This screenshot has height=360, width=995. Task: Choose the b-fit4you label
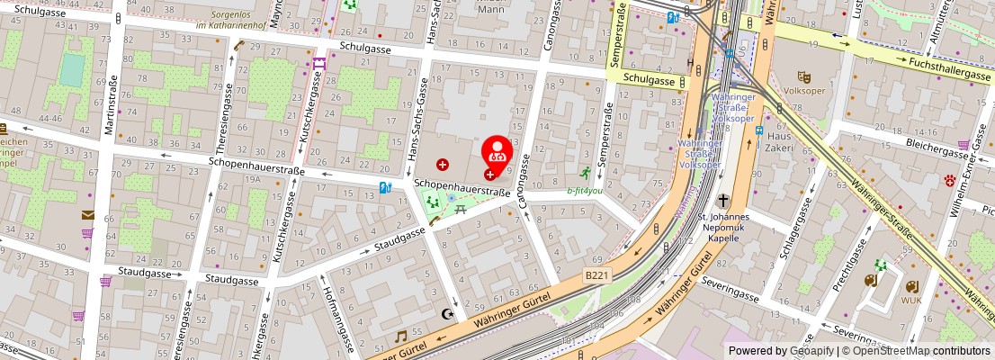[x=585, y=191]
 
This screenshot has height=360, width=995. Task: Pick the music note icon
[x=401, y=336]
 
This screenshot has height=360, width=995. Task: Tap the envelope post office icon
[x=88, y=214]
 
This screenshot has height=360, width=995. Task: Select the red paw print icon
[x=949, y=181]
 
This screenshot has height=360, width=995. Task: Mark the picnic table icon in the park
[x=460, y=209]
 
